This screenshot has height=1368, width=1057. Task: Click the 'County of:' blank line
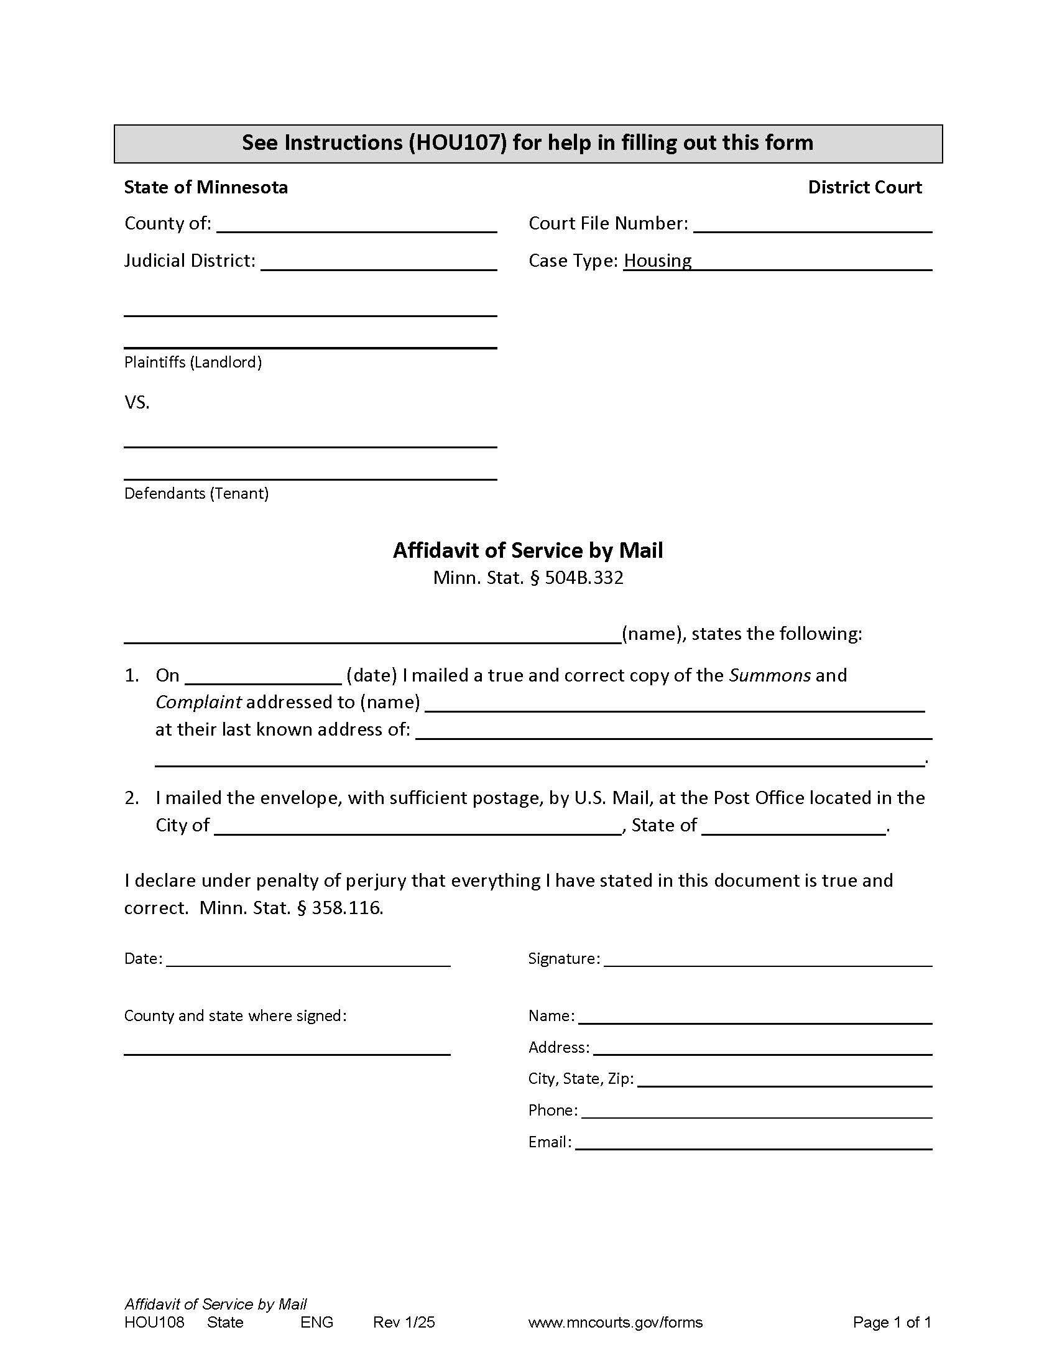(x=356, y=226)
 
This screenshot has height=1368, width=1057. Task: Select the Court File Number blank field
(x=812, y=226)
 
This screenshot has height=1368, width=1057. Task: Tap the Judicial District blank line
(x=378, y=263)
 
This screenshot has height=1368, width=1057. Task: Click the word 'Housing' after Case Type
(x=657, y=261)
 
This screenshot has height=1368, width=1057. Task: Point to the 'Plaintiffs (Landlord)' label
(x=193, y=362)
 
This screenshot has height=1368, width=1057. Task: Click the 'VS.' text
(x=137, y=402)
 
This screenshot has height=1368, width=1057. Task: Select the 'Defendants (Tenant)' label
(x=196, y=494)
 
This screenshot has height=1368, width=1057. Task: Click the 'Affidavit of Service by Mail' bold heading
(x=528, y=550)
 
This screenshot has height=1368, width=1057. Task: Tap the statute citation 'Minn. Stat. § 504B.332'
(x=528, y=578)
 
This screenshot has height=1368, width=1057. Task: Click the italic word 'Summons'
(x=770, y=675)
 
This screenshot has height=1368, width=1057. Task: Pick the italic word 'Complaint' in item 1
(x=198, y=702)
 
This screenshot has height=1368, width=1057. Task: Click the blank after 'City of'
(x=418, y=828)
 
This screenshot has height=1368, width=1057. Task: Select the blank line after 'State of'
(x=793, y=828)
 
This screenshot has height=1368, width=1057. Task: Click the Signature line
(x=768, y=959)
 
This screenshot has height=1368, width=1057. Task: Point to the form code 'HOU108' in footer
(x=155, y=1322)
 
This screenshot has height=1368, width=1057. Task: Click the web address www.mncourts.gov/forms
(x=615, y=1322)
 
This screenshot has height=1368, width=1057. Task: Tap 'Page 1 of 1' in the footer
(x=892, y=1322)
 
